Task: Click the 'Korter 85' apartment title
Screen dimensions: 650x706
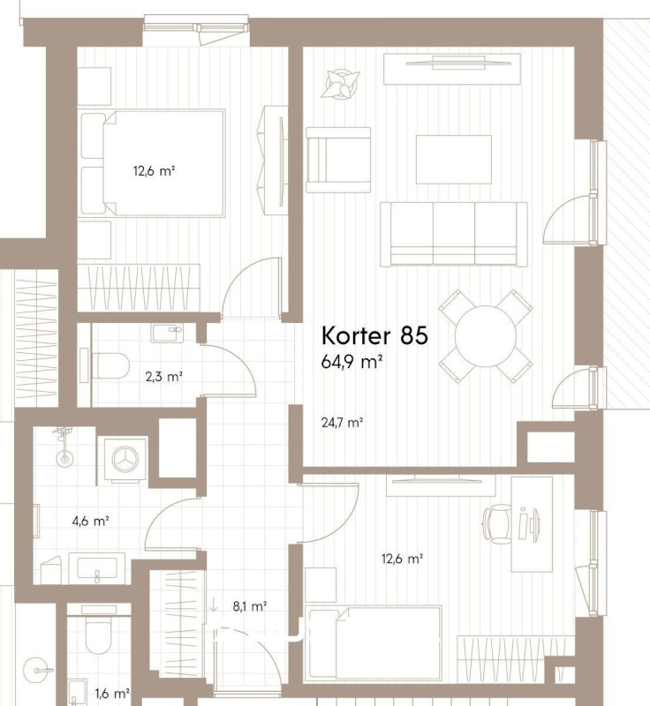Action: point(374,335)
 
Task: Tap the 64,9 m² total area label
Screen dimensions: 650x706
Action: point(351,362)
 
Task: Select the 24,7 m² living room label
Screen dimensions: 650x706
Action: point(343,423)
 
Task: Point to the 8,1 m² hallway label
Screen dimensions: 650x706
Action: point(250,606)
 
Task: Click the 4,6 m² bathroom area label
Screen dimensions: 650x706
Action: point(91,522)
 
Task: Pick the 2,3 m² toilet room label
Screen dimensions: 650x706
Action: point(164,377)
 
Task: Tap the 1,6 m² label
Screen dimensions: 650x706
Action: point(112,694)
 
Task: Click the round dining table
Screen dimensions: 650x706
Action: point(486,336)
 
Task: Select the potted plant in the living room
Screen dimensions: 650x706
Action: point(341,83)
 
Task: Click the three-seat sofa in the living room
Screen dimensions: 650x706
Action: point(454,234)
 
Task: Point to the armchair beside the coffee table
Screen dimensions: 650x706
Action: point(338,160)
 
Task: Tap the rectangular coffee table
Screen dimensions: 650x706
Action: point(454,160)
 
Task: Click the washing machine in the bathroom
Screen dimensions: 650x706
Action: point(125,459)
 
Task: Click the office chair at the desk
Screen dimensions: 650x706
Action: point(497,523)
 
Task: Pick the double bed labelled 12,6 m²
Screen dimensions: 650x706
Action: point(153,163)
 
